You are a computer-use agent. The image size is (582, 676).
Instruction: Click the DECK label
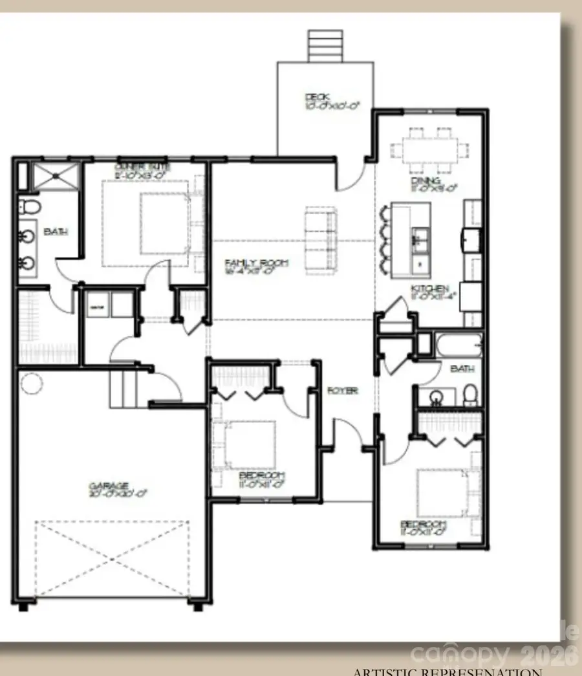click(x=317, y=98)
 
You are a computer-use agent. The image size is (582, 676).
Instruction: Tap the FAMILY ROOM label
click(x=256, y=263)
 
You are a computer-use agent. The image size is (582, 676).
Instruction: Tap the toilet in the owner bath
click(x=30, y=208)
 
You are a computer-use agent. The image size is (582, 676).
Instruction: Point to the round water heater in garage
click(x=32, y=384)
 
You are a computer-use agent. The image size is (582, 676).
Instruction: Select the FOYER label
click(x=342, y=391)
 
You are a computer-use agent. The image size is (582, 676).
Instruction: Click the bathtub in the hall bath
click(x=458, y=345)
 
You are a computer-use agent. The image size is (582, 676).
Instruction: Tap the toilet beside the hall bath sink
click(x=470, y=393)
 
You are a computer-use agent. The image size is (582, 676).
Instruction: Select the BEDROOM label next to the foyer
click(x=262, y=476)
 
